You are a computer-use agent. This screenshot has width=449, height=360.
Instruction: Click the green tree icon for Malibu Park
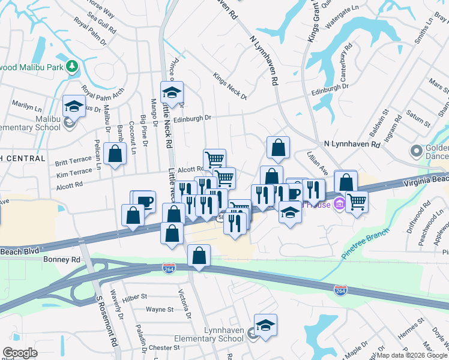(x=72, y=65)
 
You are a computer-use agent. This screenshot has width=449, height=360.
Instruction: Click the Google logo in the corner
(x=20, y=353)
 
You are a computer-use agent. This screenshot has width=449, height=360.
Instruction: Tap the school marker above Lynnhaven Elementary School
(x=265, y=325)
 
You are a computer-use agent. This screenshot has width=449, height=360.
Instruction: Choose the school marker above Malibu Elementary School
(x=74, y=106)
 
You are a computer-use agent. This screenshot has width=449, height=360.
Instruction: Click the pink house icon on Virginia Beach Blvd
(x=339, y=204)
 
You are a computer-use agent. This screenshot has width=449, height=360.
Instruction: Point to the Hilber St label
(x=134, y=296)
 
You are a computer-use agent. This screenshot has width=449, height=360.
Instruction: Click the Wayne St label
(x=160, y=310)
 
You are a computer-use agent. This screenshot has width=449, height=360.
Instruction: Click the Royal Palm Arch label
(x=103, y=92)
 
